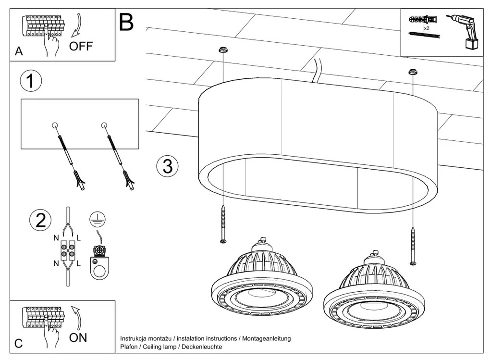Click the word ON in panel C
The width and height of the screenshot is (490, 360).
coord(78,337)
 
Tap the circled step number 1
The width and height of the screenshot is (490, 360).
coord(31,82)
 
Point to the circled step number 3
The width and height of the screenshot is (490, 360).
coord(167,166)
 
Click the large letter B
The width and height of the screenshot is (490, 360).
coord(126,22)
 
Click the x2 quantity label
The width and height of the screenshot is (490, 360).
coord(426,29)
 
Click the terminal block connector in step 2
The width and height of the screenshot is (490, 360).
coord(67,250)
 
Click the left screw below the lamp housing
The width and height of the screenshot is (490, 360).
coord(222,223)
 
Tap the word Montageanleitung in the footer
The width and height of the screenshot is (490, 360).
coord(267,338)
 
